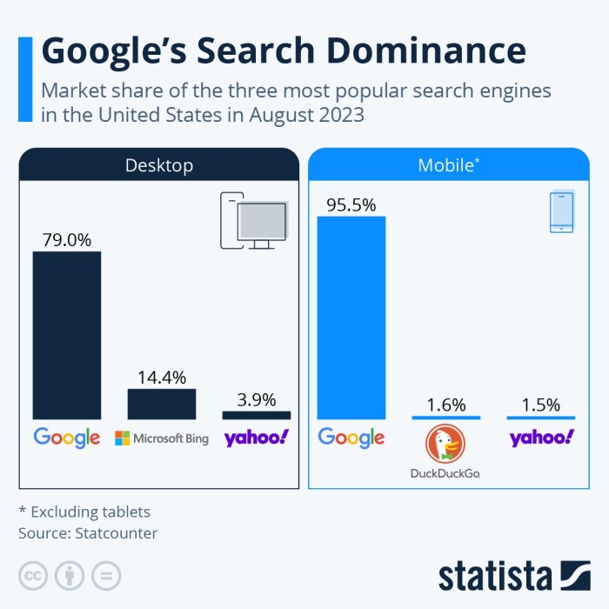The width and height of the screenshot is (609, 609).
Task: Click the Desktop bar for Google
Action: [67, 336]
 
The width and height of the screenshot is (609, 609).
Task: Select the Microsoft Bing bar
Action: [162, 405]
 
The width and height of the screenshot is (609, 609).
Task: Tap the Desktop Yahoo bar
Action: [257, 415]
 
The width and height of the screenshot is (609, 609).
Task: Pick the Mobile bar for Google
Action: [351, 318]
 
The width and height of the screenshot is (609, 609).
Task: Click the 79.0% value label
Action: [67, 239]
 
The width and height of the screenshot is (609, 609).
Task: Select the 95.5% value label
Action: [351, 205]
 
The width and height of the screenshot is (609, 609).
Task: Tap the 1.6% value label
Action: [445, 405]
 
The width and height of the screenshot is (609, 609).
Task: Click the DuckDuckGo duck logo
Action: [445, 445]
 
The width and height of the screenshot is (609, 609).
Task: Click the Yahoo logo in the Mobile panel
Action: [541, 438]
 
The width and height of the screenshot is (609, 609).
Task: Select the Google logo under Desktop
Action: [67, 438]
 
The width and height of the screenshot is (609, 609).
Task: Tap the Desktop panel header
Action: [158, 165]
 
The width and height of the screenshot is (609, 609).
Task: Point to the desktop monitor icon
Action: [262, 224]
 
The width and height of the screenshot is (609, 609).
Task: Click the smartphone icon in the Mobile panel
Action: [561, 212]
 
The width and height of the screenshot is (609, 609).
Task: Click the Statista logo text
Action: [496, 576]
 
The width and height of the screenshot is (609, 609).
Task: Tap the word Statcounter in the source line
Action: [119, 532]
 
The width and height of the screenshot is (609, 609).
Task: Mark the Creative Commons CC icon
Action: [32, 575]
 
